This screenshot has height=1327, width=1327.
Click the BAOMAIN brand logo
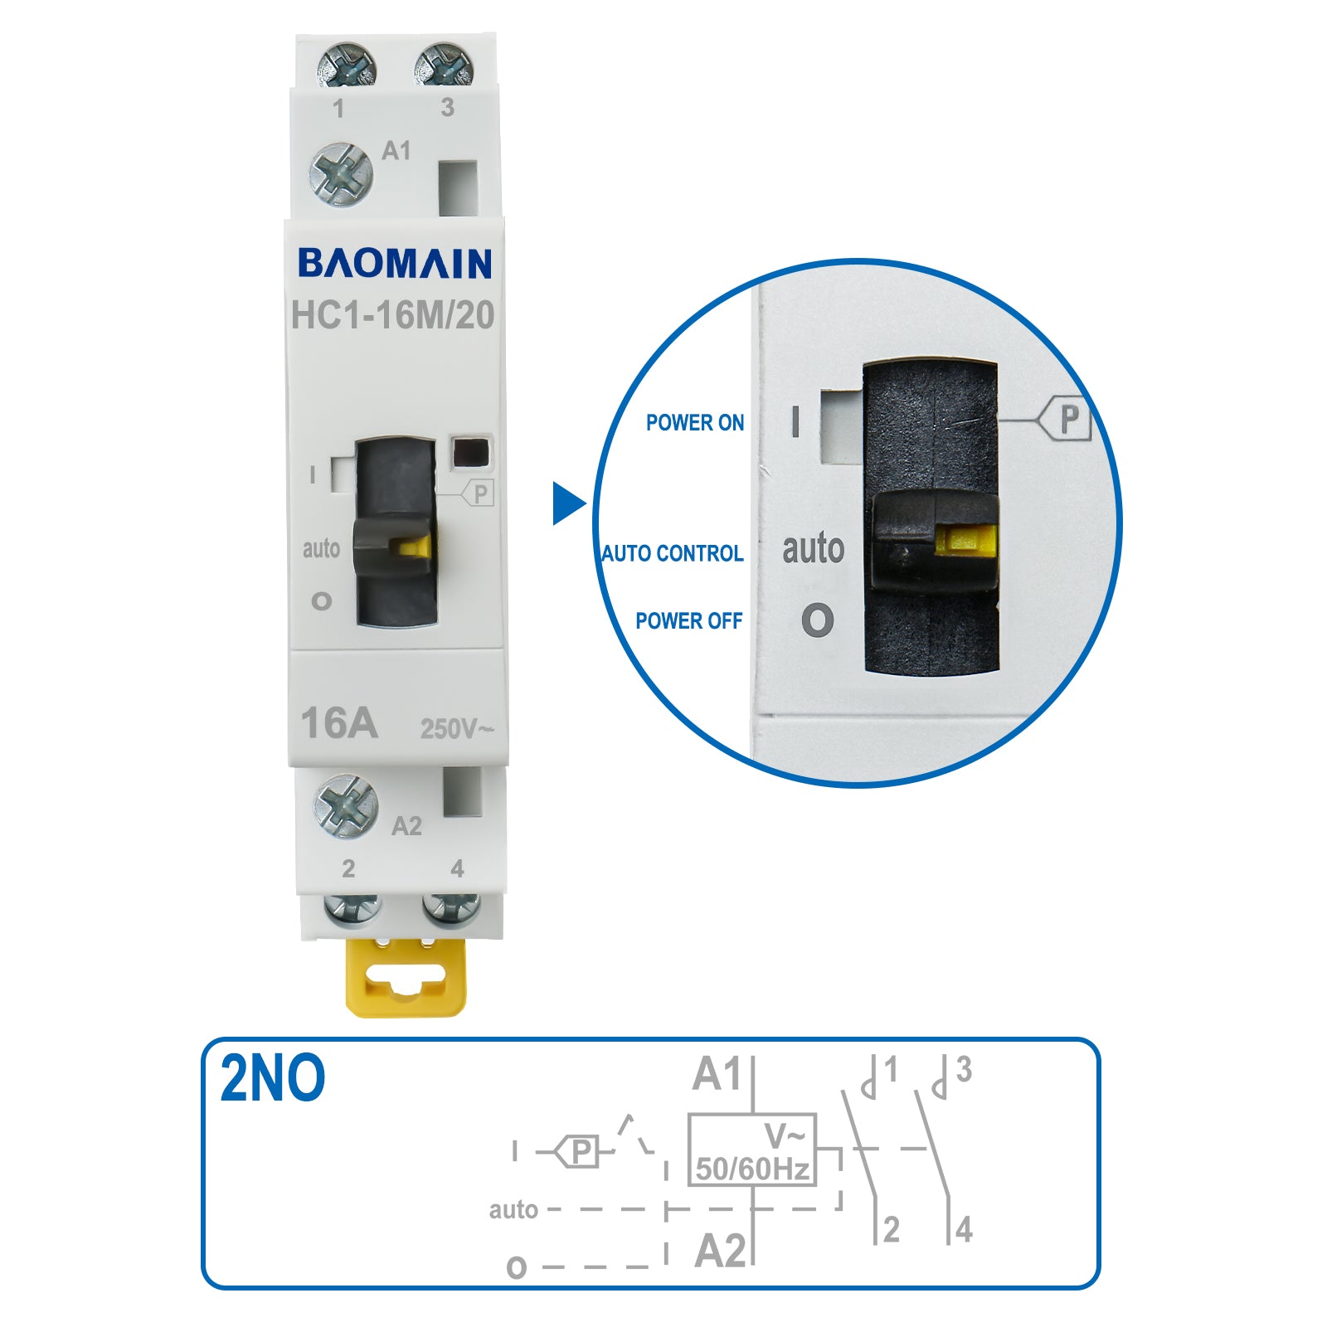pyautogui.click(x=395, y=264)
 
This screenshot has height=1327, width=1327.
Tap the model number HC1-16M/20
pyautogui.click(x=393, y=315)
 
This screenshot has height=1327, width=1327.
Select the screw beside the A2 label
pyautogui.click(x=346, y=806)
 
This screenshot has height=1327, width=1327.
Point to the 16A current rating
pyautogui.click(x=339, y=723)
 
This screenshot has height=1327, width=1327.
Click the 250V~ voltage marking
pyautogui.click(x=456, y=729)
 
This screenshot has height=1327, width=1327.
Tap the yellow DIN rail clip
pyautogui.click(x=406, y=977)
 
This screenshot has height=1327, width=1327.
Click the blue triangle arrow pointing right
pyautogui.click(x=570, y=503)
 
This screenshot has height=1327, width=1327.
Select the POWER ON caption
pyautogui.click(x=695, y=423)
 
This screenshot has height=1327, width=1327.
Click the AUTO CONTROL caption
pyautogui.click(x=673, y=553)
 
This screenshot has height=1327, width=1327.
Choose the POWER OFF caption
pyautogui.click(x=689, y=621)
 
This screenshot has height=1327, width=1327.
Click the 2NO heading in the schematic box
pyautogui.click(x=273, y=1078)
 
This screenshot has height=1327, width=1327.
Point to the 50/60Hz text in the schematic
pyautogui.click(x=752, y=1169)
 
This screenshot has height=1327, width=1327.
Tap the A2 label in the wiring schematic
pyautogui.click(x=721, y=1251)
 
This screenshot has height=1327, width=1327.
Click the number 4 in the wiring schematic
pyautogui.click(x=964, y=1229)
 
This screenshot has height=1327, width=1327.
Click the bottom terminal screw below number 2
pyautogui.click(x=352, y=910)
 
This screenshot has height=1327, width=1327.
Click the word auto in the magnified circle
pyautogui.click(x=813, y=548)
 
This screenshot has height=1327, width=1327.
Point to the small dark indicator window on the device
pyautogui.click(x=470, y=453)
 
